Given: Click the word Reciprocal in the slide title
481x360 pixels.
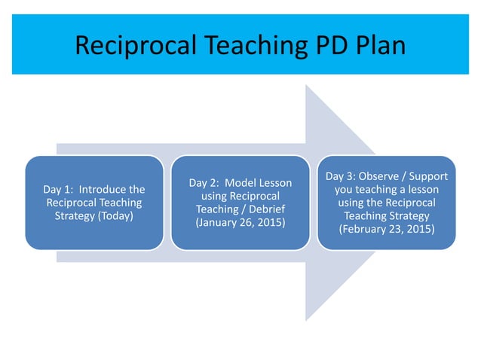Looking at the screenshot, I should point(138,46).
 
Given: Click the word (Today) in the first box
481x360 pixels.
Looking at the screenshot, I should point(118,216).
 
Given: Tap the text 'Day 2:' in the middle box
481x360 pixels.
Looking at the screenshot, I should point(205,182).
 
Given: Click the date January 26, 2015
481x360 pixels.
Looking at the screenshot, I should point(240,223).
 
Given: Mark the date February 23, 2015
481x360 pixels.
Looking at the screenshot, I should point(387,228).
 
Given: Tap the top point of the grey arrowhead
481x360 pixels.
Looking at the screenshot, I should point(306,85).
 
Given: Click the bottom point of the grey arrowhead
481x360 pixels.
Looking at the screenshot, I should point(306,320).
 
